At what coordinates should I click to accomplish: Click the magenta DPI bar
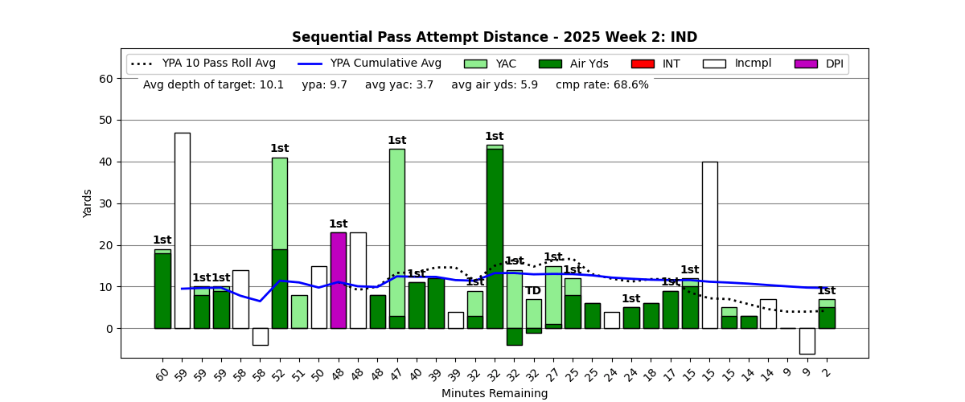(x=338, y=280)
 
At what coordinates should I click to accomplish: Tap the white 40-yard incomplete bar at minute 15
(x=709, y=244)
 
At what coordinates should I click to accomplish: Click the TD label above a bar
(x=533, y=291)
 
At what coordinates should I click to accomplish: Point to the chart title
(x=494, y=38)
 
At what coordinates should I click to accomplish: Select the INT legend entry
(x=655, y=64)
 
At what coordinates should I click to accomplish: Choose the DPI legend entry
(x=819, y=64)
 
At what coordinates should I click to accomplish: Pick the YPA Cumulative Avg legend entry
(x=370, y=64)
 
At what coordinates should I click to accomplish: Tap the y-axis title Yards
(x=88, y=203)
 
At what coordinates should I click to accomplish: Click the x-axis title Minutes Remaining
(x=494, y=394)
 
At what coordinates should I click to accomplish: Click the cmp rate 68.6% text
(x=602, y=84)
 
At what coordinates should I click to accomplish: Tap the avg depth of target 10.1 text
(x=213, y=84)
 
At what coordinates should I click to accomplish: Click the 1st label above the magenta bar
(x=338, y=224)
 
